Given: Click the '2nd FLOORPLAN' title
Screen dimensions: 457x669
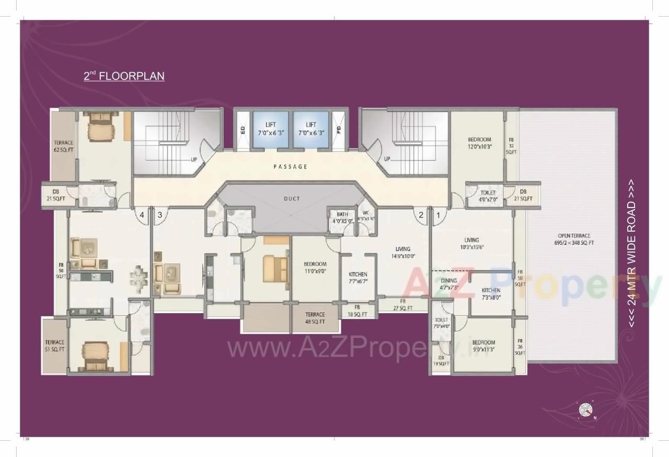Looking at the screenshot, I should click(x=124, y=76).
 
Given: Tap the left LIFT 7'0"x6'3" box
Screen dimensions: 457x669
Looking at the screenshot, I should click(x=270, y=129).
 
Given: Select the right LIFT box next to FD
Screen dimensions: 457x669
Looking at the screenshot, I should click(x=311, y=129).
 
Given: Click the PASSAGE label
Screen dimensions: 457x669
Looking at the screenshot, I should click(x=290, y=167).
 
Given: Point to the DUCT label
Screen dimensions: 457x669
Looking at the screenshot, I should click(x=292, y=199).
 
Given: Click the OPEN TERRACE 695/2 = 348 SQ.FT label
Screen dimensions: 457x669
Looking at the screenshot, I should click(x=574, y=239).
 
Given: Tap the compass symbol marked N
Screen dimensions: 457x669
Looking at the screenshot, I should click(x=585, y=410).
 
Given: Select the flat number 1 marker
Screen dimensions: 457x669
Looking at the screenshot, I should click(x=438, y=214).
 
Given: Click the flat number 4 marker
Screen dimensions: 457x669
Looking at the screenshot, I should click(x=141, y=214).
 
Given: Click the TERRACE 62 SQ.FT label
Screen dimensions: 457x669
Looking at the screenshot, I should click(x=63, y=146).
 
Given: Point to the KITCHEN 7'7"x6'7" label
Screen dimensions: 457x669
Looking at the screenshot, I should click(x=358, y=278).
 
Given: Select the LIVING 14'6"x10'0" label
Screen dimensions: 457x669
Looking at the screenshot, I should click(x=402, y=253).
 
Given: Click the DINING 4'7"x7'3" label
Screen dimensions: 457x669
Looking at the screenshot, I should click(x=449, y=284).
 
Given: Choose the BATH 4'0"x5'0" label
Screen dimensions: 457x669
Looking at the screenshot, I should click(x=342, y=218).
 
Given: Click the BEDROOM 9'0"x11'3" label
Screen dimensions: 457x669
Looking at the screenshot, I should click(x=483, y=346).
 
